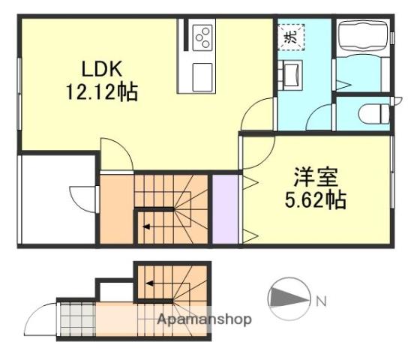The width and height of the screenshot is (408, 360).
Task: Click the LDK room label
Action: [102, 69]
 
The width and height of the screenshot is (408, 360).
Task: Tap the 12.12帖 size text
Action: [102, 92]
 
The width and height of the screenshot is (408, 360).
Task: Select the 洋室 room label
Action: [316, 177]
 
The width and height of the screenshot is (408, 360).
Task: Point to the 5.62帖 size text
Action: [316, 200]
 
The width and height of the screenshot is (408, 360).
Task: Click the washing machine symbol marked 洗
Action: [291, 37]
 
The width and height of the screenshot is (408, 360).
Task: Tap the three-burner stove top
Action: [202, 37]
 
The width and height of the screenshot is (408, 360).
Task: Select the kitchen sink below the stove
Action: [202, 77]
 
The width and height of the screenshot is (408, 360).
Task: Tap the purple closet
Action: [225, 209]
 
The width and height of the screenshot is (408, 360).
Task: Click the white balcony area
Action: [58, 199]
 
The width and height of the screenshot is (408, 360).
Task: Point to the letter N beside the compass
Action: [321, 301]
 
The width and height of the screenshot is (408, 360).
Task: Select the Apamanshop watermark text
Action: [204, 319]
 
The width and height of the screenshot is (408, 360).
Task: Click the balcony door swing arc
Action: [78, 196]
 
